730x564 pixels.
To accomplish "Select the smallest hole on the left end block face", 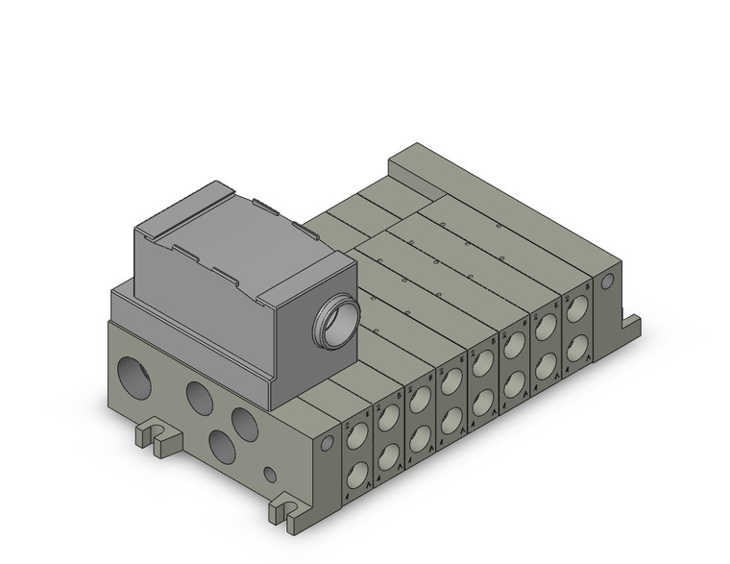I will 272,474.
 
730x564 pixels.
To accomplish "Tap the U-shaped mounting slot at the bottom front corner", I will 287,512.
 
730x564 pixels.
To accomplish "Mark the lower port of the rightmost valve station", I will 577,347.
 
